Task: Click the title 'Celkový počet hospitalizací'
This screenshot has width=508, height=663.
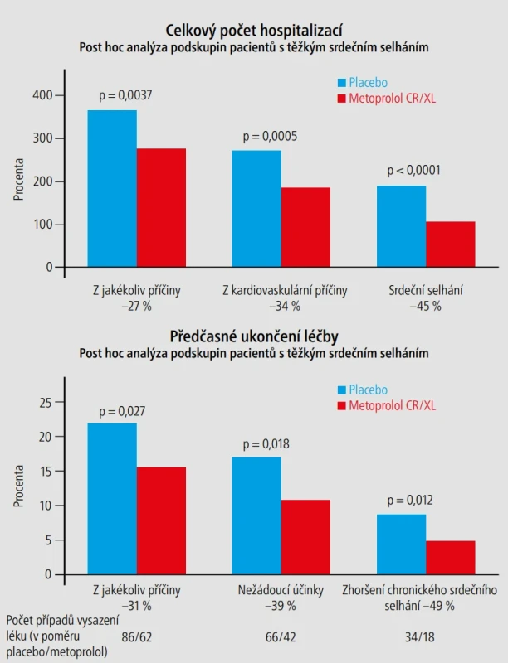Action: (254, 31)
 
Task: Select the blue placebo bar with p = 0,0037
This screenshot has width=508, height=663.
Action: (112, 189)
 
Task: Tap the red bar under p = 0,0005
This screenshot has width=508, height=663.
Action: (305, 227)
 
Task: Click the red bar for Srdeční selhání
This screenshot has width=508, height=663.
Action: (451, 244)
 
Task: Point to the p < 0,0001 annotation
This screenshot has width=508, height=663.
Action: (413, 171)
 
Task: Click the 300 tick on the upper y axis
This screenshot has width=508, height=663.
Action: (43, 138)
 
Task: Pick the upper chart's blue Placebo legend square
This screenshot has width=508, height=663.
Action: (342, 82)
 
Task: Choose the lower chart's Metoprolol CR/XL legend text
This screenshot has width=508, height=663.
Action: (392, 405)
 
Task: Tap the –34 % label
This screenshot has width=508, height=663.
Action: (285, 306)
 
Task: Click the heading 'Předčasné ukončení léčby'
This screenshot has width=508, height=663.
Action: (254, 336)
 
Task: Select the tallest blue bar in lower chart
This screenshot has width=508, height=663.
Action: (112, 499)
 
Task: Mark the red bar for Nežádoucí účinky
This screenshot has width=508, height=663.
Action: (305, 537)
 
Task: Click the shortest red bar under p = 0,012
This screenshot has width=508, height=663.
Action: (451, 557)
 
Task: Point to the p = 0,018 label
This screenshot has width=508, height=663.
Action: (266, 444)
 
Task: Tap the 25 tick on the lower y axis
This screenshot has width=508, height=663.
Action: (46, 403)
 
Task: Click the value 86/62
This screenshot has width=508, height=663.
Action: (136, 636)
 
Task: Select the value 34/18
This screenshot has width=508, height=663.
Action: (419, 636)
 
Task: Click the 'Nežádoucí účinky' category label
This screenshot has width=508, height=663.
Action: (281, 590)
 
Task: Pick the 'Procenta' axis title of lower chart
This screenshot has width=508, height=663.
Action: (18, 486)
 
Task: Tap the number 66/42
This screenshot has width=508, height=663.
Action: (281, 636)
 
